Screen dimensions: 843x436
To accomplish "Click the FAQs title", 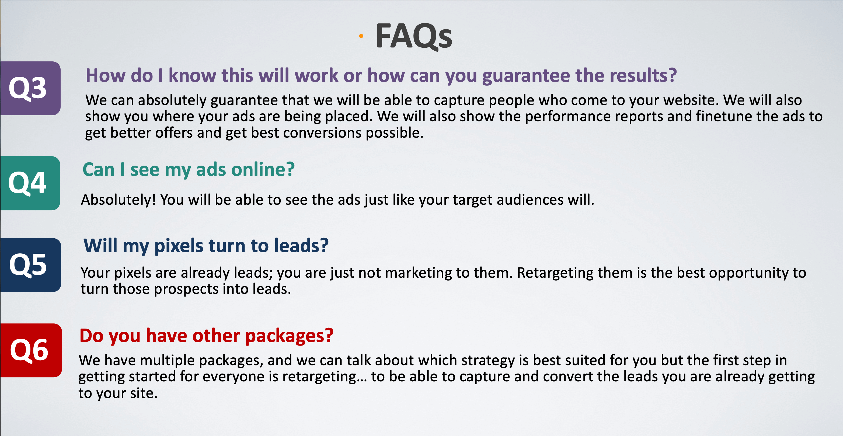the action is pyautogui.click(x=414, y=36).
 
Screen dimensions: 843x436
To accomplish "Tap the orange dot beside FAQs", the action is pyautogui.click(x=361, y=36).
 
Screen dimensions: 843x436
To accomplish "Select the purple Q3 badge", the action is pyautogui.click(x=30, y=88).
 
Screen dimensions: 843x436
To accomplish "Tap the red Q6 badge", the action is pyautogui.click(x=31, y=350).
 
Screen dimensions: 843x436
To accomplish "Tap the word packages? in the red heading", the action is pyautogui.click(x=289, y=336).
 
